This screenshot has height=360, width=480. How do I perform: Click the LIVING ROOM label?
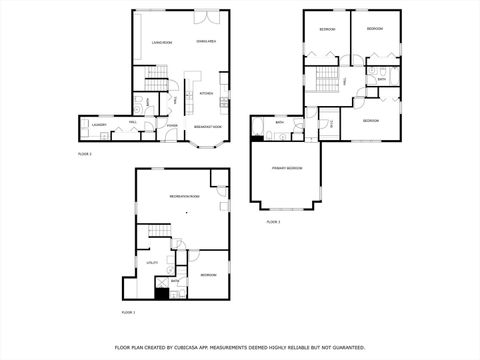click(x=163, y=43)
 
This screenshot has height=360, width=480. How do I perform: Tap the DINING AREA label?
click(x=207, y=41)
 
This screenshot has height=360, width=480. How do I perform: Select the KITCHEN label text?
click(x=207, y=94)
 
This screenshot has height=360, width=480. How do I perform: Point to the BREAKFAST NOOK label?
click(x=207, y=126)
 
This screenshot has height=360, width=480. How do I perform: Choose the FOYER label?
click(x=172, y=126)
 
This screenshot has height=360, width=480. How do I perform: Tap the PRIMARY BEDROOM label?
click(x=287, y=168)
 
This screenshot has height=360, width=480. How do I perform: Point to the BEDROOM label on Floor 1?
click(x=207, y=275)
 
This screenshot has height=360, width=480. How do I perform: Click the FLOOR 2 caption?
click(x=84, y=154)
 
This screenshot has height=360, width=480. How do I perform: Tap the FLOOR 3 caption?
click(x=273, y=222)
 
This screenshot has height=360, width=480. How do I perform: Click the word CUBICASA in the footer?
click(x=214, y=347)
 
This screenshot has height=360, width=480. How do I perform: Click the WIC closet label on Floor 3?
click(x=332, y=124)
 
